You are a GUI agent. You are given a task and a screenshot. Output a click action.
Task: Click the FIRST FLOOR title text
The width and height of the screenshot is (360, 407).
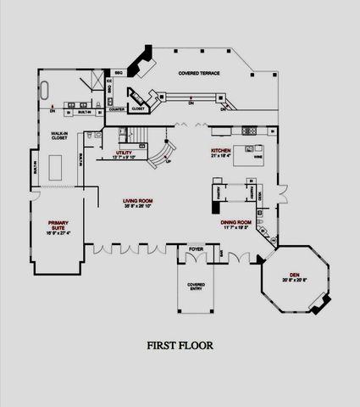point(180,345)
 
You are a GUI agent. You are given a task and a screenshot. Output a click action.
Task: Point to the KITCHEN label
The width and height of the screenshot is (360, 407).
point(221,151)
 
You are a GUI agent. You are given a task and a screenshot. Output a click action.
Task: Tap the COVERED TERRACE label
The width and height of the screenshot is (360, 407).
point(199,74)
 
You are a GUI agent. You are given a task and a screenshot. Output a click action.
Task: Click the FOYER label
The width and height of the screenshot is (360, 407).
point(197,249)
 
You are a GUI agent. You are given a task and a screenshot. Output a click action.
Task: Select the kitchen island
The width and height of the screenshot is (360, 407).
point(256,157)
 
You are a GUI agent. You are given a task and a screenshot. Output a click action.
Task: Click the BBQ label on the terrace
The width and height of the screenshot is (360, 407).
point(118,74)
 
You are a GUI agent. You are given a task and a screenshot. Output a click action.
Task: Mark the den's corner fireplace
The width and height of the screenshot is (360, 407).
point(316,307)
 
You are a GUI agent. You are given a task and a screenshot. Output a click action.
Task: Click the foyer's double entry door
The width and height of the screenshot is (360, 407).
point(197,256)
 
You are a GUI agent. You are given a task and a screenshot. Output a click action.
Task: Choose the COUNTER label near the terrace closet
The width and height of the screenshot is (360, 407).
point(118,109)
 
